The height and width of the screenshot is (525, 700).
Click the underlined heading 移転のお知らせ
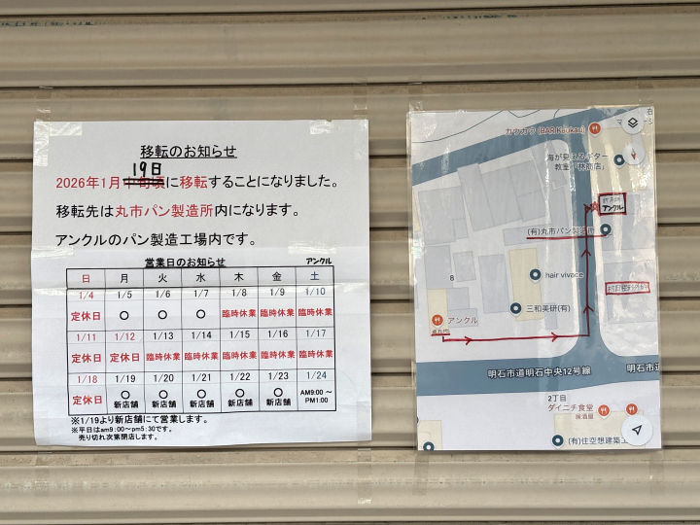pos(189,152)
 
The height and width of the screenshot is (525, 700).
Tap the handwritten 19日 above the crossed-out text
pos(147,168)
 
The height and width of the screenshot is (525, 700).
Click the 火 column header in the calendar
pos(162,278)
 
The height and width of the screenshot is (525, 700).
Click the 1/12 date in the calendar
pos(124,335)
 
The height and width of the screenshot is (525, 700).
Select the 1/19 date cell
pos(124,377)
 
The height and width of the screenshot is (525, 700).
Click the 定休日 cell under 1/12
pos(124,356)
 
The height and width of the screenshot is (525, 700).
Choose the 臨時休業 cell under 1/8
pos(239,314)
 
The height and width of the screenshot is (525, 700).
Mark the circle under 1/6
pos(162,314)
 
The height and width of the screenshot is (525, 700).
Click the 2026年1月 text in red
pos(88,183)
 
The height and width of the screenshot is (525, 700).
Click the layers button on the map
pos(632,123)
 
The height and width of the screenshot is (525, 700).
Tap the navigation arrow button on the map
pos(635,429)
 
